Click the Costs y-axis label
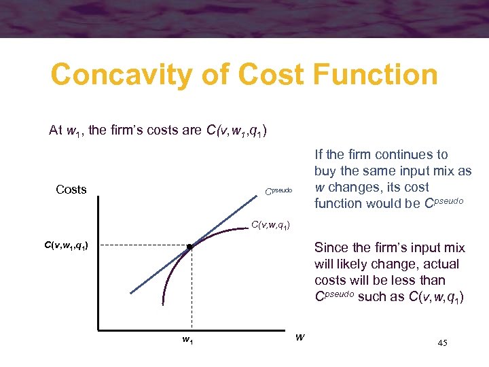tap(71, 190)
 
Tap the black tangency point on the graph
tap(191, 247)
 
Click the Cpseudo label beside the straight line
tap(278, 191)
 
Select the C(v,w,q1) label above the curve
tap(271, 225)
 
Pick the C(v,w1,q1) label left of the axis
tap(65, 246)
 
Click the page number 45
tap(442, 343)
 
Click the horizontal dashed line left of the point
tap(143, 246)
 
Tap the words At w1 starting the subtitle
tap(65, 130)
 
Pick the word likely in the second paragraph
tap(356, 264)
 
